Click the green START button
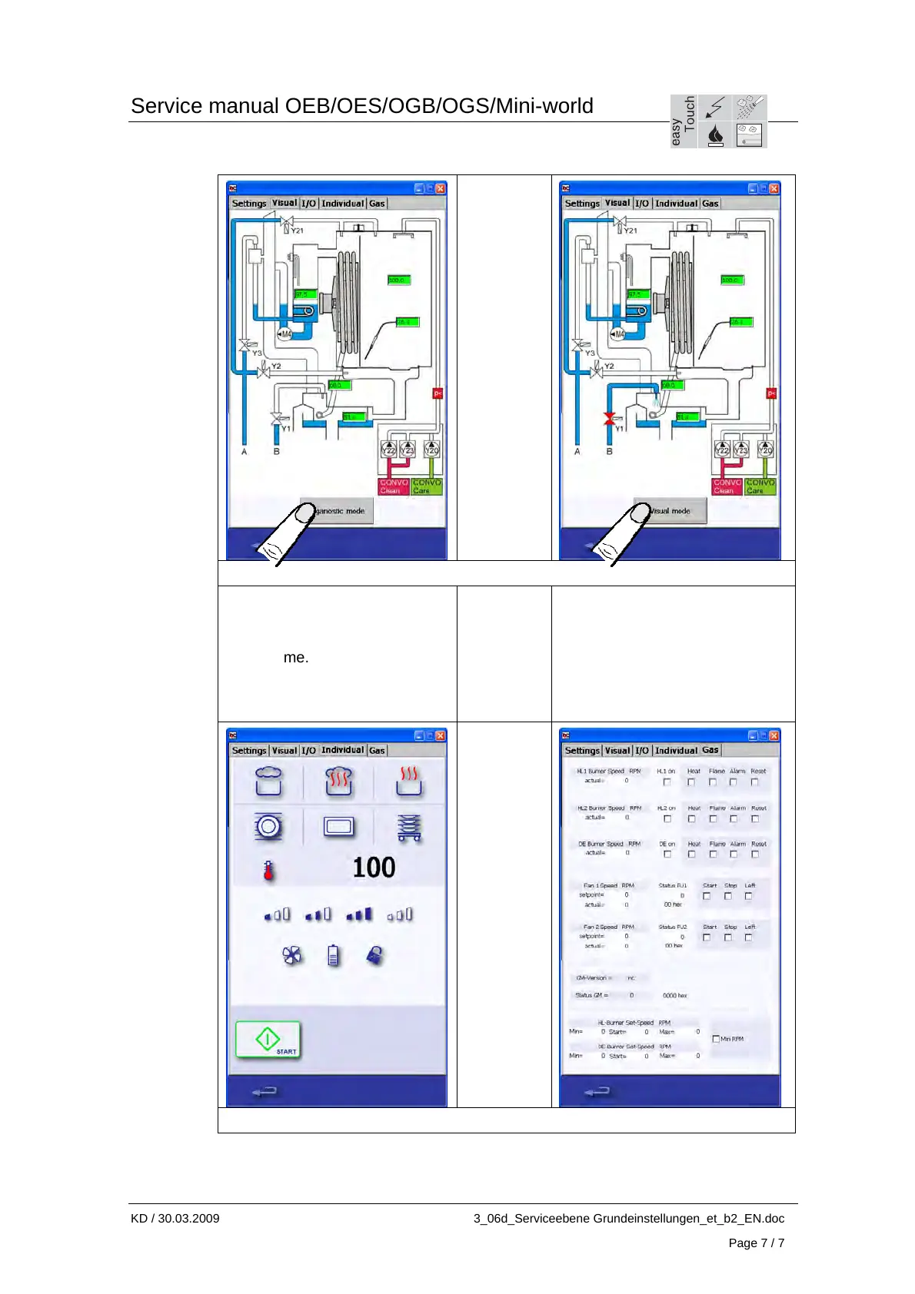[268, 1040]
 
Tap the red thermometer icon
[268, 871]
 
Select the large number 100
[374, 868]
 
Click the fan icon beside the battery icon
[292, 955]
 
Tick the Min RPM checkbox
[716, 1039]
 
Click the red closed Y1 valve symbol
[609, 419]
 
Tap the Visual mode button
[670, 511]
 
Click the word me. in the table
[295, 658]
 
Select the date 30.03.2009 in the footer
[188, 1218]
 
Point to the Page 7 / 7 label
[756, 1243]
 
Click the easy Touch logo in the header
[718, 121]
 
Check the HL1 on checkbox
[667, 782]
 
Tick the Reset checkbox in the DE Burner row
[755, 854]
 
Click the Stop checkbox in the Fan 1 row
[728, 896]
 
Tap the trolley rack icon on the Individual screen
[409, 828]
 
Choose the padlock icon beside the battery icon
[374, 955]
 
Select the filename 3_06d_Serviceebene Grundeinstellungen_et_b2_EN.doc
[628, 1218]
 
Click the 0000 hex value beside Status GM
[674, 995]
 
